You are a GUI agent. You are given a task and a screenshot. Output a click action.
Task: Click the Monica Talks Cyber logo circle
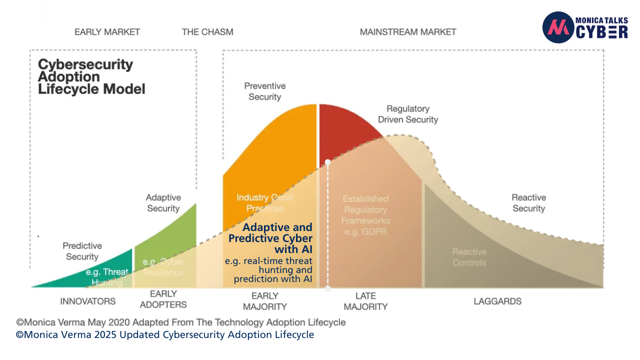[x=557, y=27]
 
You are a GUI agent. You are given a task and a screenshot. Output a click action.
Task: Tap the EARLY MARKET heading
[x=107, y=32]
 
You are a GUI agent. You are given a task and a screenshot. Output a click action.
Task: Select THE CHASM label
[x=207, y=32]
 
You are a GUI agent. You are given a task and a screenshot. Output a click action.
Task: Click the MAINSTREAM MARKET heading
[x=408, y=32]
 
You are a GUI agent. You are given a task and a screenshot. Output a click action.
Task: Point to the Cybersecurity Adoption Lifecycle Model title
[x=92, y=77]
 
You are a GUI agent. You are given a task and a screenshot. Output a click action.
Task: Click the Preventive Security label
[x=264, y=91]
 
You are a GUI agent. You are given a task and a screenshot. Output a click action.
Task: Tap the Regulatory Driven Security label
[x=407, y=114]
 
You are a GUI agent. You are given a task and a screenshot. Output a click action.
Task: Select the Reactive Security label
[x=528, y=203]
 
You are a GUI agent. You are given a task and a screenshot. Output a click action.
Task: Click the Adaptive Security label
[x=163, y=203]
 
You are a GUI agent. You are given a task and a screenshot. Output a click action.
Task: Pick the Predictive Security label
[x=82, y=251]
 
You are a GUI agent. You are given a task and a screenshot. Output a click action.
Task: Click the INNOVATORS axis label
[x=87, y=301]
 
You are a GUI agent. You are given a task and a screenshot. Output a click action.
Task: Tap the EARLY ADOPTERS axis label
[x=163, y=299]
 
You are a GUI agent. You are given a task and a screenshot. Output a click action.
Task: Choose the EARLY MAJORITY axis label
[x=265, y=301]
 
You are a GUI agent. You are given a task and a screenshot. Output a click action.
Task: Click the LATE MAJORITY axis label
[x=365, y=301]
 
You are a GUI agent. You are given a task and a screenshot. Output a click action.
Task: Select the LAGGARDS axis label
[x=497, y=301]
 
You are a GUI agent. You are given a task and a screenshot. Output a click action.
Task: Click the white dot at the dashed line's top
[x=327, y=162]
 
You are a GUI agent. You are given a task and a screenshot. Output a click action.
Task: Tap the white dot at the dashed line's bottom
[x=327, y=288]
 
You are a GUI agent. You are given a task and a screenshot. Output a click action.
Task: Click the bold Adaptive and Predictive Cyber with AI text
[x=271, y=238]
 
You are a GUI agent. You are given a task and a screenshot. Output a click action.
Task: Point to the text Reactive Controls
[x=469, y=257]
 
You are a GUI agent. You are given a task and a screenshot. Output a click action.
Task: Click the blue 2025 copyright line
[x=165, y=334]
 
